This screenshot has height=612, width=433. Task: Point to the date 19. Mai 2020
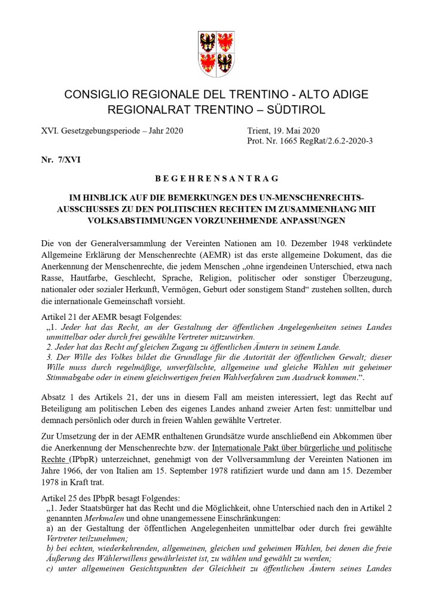295,130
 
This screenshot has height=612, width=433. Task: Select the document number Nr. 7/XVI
58,160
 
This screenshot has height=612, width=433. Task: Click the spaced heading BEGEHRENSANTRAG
216,178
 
